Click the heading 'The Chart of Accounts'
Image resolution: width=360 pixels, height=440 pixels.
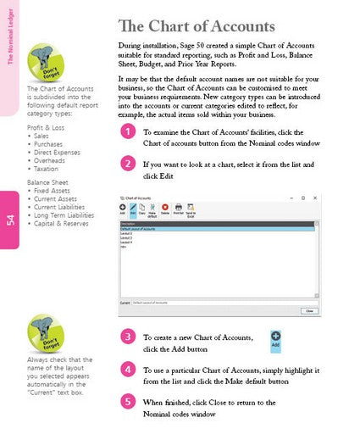tap(197, 26)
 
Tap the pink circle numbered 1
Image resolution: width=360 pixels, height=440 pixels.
tap(127, 132)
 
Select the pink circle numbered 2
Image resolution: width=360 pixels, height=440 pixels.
tap(127, 163)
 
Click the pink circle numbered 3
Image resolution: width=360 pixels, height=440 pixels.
tap(127, 337)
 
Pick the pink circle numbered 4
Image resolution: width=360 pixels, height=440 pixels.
tap(127, 370)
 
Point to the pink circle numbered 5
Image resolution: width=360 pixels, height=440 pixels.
tap(127, 401)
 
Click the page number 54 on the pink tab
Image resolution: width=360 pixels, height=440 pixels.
tap(10, 220)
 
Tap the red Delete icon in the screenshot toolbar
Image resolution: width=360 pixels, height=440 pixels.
tap(164, 209)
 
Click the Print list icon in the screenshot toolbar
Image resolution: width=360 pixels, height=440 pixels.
tap(178, 209)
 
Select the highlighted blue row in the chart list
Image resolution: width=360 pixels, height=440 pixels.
tap(218, 229)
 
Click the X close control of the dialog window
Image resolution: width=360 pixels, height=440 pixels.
tap(313, 198)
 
